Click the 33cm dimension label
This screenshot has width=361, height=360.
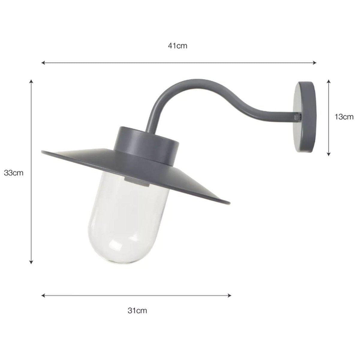(14, 173)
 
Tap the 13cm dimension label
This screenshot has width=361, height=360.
(344, 117)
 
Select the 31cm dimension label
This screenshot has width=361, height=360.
(137, 310)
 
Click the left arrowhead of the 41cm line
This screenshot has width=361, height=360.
(43, 63)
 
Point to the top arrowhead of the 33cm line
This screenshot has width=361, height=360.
(31, 81)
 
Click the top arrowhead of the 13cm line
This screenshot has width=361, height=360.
(329, 81)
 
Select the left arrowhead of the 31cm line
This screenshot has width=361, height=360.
(43, 295)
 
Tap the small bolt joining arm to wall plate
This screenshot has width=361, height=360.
(297, 116)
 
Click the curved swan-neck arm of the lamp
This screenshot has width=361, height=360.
(210, 90)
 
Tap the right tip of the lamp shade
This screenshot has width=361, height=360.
(229, 202)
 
